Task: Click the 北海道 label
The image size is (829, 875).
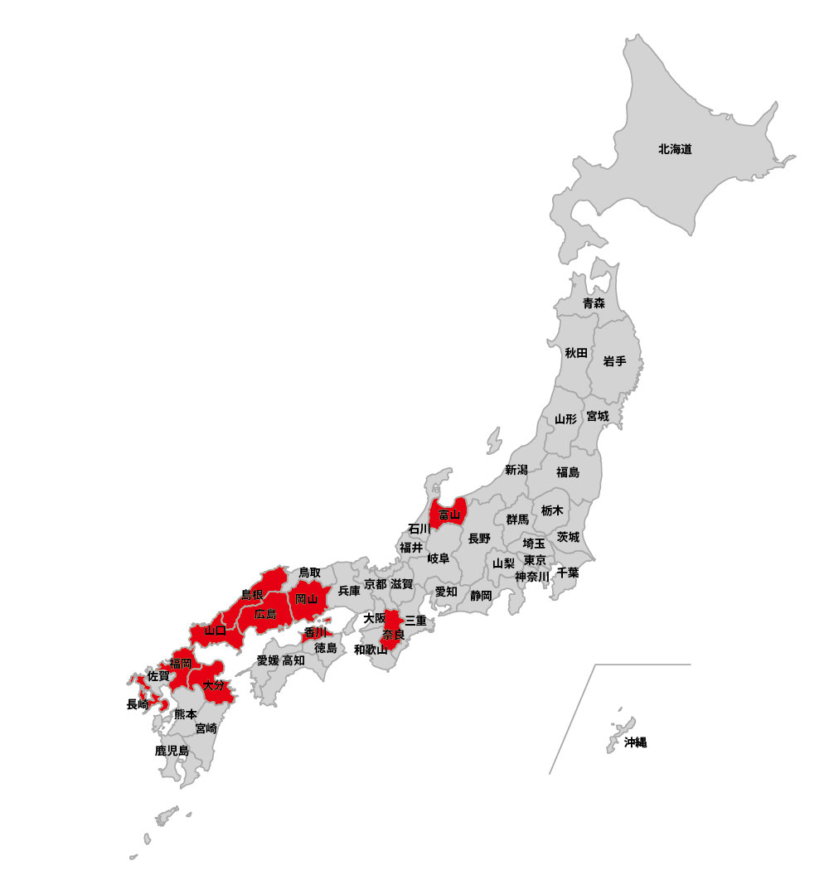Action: pyautogui.click(x=675, y=150)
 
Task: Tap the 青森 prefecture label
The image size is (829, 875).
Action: pyautogui.click(x=594, y=303)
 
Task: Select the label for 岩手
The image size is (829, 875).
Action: pyautogui.click(x=615, y=361)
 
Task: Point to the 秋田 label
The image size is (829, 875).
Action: pyautogui.click(x=576, y=353)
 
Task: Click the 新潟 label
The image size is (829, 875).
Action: pyautogui.click(x=516, y=470)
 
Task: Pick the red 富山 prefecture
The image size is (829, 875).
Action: pyautogui.click(x=448, y=514)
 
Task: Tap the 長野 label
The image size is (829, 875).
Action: pyautogui.click(x=479, y=539)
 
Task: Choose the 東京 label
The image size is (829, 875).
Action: pyautogui.click(x=535, y=560)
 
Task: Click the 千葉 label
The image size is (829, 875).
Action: pyautogui.click(x=568, y=573)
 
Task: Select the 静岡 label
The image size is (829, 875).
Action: pyautogui.click(x=481, y=595)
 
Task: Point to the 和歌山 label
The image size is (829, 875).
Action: pyautogui.click(x=371, y=650)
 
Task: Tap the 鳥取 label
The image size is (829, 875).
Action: pyautogui.click(x=309, y=573)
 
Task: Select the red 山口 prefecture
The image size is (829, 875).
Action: pyautogui.click(x=216, y=631)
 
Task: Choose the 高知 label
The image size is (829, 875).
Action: pyautogui.click(x=293, y=660)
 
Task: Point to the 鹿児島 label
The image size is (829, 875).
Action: pyautogui.click(x=172, y=751)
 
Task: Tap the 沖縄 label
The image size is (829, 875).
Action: pyautogui.click(x=635, y=742)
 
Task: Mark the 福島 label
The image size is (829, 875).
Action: pyautogui.click(x=568, y=472)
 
